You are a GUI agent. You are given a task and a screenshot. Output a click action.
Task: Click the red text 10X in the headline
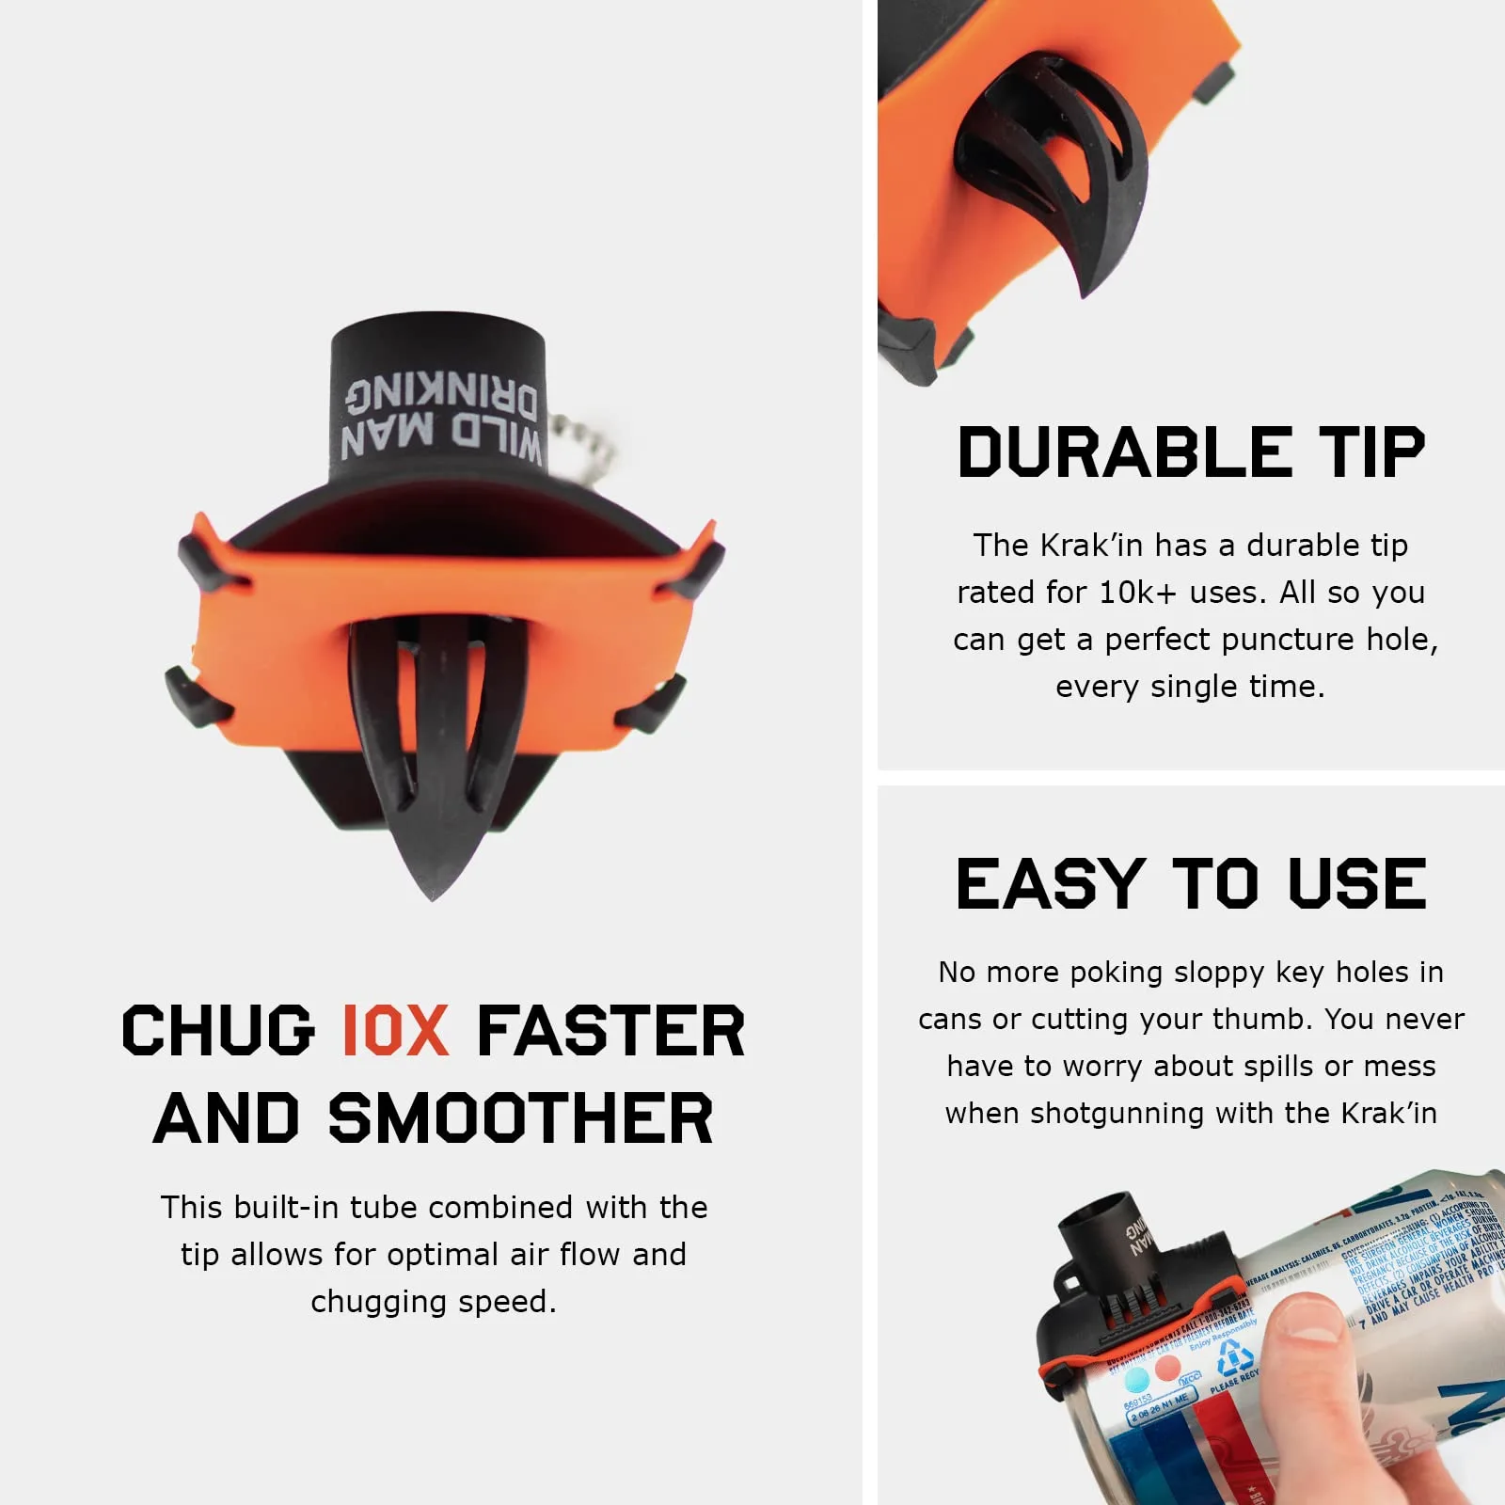(x=395, y=1030)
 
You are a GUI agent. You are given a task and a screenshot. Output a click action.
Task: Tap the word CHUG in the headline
(x=218, y=1030)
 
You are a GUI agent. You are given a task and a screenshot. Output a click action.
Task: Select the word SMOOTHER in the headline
(x=520, y=1118)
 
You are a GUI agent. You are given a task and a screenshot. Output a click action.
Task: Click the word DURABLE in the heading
(x=1125, y=452)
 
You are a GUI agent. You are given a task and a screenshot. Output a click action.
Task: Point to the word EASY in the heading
(x=1049, y=884)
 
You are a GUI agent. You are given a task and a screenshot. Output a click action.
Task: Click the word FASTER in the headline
(x=611, y=1030)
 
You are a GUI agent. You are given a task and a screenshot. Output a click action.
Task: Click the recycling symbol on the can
(x=1236, y=1357)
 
